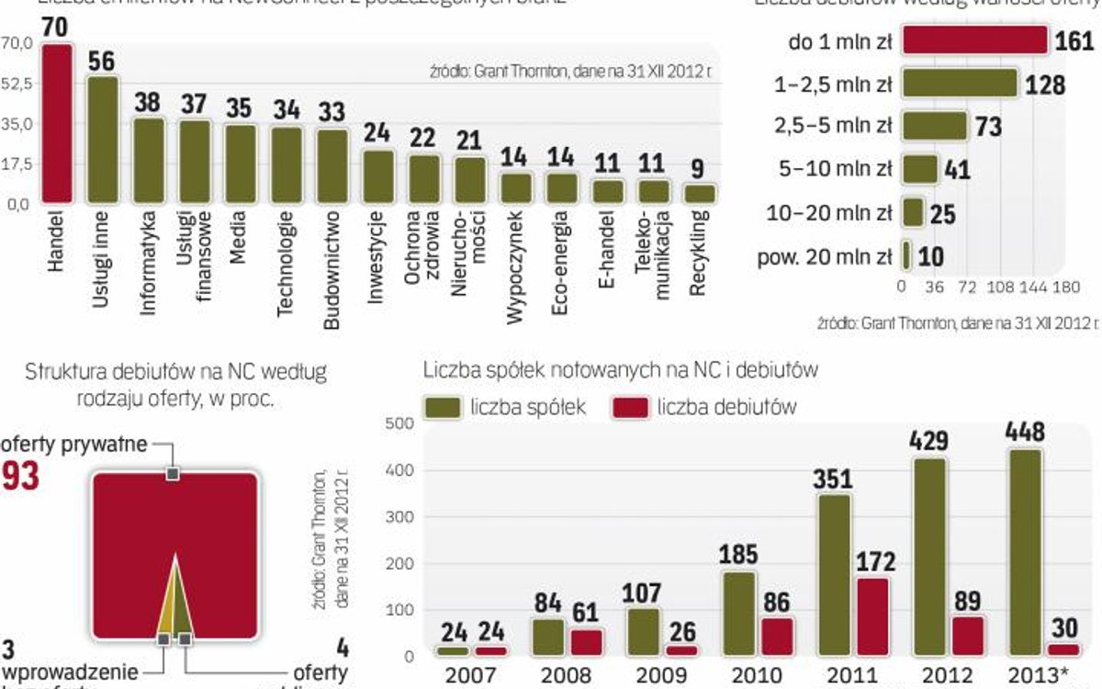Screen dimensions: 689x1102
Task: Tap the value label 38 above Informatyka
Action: click(148, 102)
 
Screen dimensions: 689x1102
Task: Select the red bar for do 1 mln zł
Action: click(974, 41)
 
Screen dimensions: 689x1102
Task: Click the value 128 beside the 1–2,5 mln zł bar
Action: click(1045, 85)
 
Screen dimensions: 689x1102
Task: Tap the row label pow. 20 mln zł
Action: click(825, 256)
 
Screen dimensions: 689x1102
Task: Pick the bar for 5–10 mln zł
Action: click(920, 170)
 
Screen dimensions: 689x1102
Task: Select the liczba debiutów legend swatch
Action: click(629, 407)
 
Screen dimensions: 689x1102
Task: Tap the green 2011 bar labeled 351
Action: click(833, 575)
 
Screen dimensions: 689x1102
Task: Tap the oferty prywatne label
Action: click(73, 446)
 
